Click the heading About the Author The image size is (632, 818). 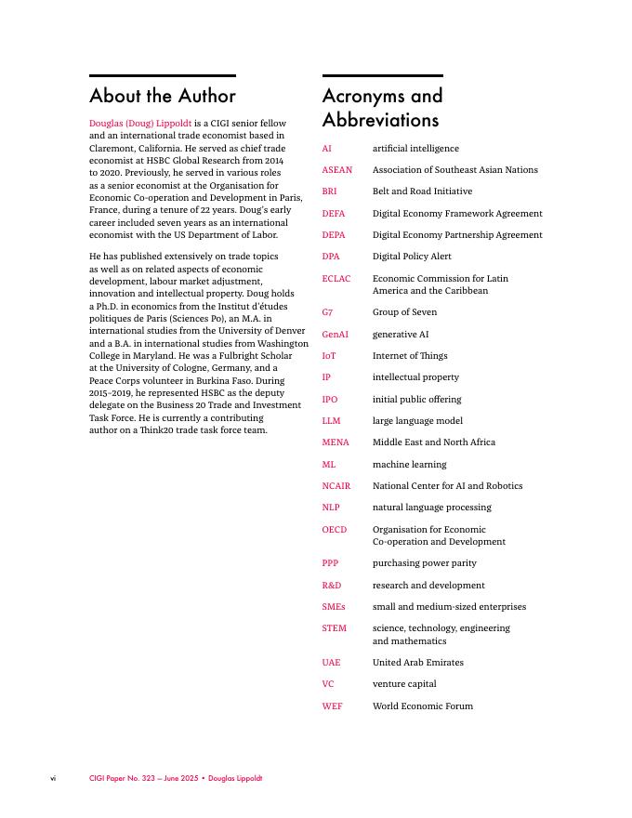tap(163, 96)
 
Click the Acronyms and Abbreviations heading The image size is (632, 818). tap(382, 108)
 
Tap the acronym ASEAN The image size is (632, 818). tap(337, 170)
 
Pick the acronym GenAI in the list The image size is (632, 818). tap(336, 335)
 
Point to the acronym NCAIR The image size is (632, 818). tap(336, 486)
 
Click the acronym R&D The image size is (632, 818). tap(332, 586)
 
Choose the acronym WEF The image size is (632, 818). tap(333, 706)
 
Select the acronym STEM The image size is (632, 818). tap(335, 628)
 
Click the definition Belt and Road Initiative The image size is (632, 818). tap(422, 191)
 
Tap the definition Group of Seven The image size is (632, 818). tap(404, 312)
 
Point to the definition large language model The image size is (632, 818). tap(417, 421)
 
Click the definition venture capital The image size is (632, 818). tap(404, 684)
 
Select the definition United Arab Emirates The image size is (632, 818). tap(418, 663)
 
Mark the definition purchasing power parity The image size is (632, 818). tap(425, 563)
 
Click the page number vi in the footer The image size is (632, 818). tap(53, 778)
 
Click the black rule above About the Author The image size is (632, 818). tap(163, 75)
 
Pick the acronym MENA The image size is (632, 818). tap(336, 442)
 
